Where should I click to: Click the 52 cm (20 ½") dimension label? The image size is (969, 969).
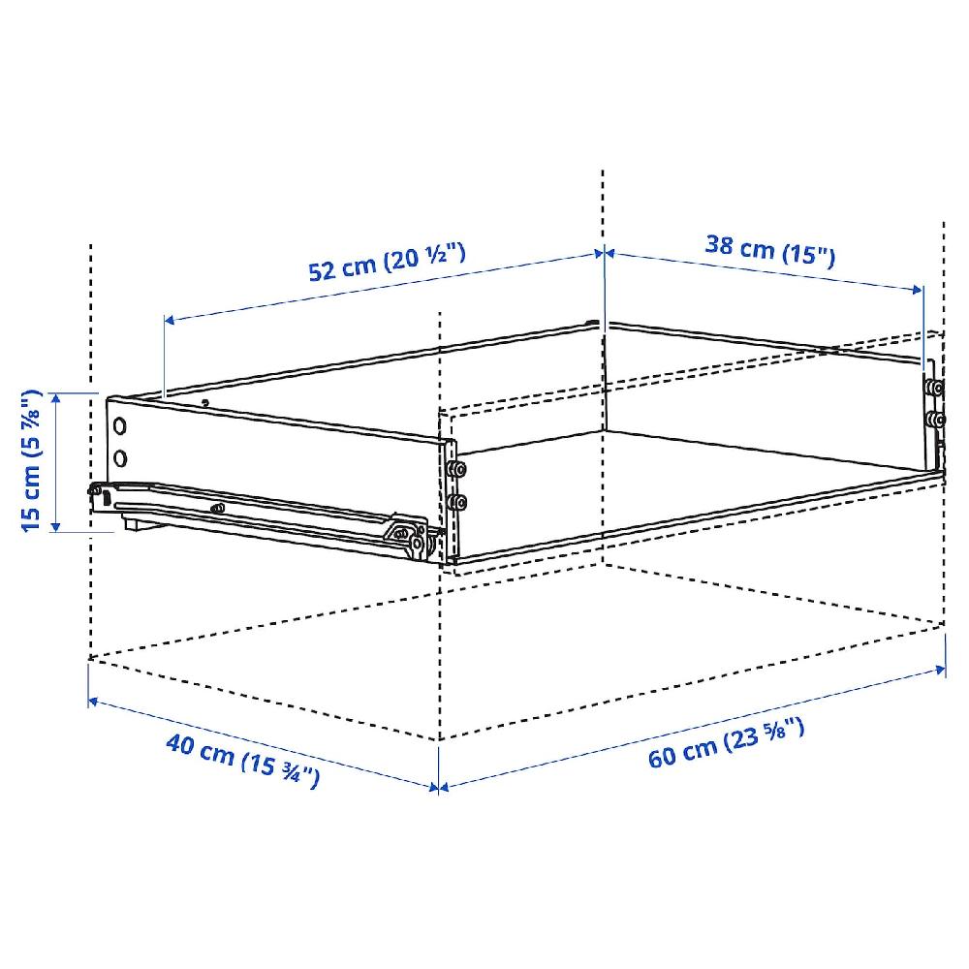click(388, 263)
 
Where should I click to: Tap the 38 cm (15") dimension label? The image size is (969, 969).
click(769, 250)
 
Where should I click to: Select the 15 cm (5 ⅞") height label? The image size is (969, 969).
click(32, 460)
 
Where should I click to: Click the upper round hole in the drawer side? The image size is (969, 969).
click(119, 425)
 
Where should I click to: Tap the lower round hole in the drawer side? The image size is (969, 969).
click(119, 457)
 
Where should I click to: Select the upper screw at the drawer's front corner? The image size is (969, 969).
click(456, 470)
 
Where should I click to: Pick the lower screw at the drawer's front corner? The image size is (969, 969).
click(456, 501)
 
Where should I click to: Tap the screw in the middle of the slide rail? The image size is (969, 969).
click(217, 508)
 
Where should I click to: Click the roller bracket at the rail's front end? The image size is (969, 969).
click(411, 537)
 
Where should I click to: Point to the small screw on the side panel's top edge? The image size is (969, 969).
click(204, 402)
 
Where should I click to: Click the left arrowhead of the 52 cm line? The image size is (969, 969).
click(167, 320)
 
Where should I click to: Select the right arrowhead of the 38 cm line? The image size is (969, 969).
click(921, 289)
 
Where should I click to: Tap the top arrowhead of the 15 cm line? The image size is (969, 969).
click(57, 395)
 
